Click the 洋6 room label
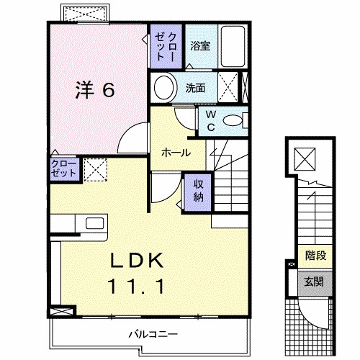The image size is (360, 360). (x=95, y=90)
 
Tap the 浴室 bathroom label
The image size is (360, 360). (x=200, y=45)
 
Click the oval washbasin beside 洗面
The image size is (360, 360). (x=165, y=89)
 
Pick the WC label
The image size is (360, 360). (x=210, y=120)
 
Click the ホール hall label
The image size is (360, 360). (x=176, y=153)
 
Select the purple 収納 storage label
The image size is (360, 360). (x=198, y=190)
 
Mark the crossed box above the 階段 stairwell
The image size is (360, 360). (x=307, y=157)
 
